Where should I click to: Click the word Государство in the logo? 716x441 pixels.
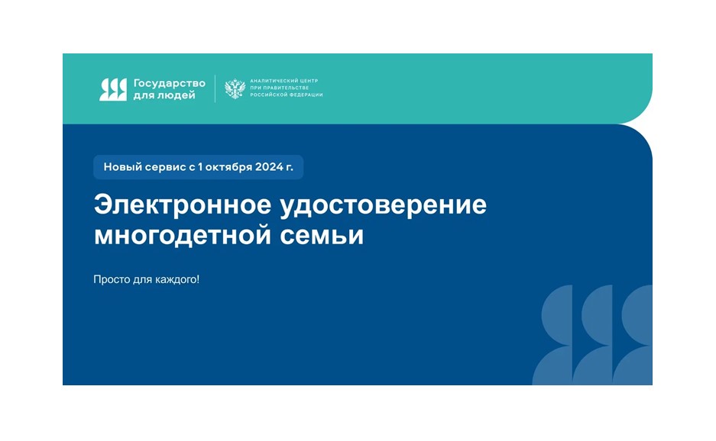(169, 84)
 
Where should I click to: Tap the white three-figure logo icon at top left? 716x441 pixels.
(113, 89)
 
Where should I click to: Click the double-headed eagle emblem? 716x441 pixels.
(235, 89)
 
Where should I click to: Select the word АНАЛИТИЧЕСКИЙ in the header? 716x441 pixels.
(273, 81)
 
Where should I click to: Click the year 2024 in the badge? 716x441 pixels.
(269, 167)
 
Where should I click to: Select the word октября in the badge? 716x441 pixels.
(228, 167)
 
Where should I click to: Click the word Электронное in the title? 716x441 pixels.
(182, 204)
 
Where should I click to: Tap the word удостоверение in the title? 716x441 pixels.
(383, 206)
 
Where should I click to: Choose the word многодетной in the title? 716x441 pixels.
(183, 236)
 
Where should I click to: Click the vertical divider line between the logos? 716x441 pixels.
(215, 89)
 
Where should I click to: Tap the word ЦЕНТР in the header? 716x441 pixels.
(308, 81)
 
